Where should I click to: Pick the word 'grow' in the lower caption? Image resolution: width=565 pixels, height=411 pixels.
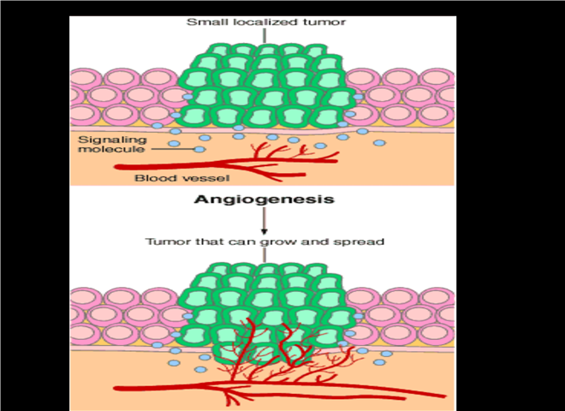pyautogui.click(x=274, y=241)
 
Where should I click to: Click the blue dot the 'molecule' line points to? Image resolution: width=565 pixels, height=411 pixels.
pyautogui.click(x=199, y=150)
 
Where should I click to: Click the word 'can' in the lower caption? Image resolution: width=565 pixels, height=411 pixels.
pyautogui.click(x=240, y=241)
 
